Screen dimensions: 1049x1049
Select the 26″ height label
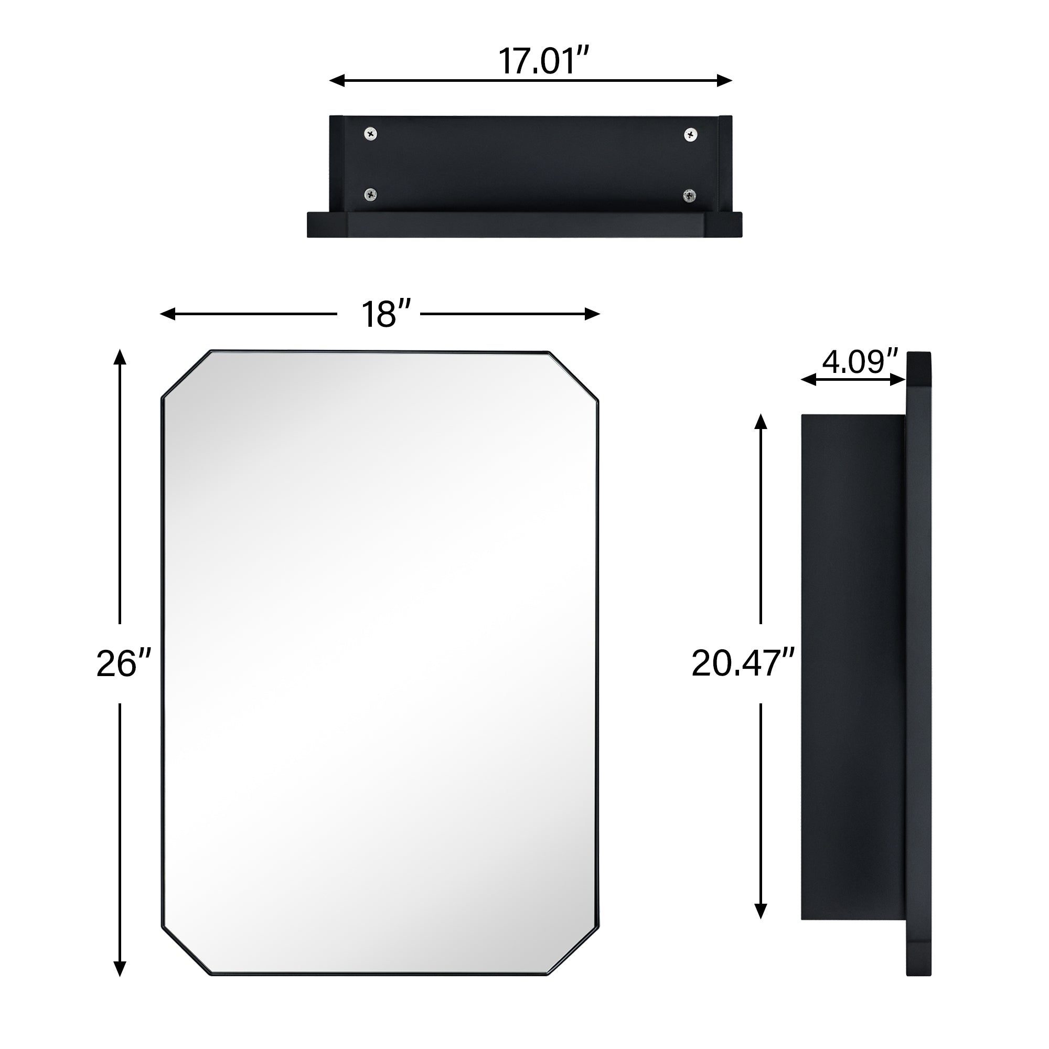123,663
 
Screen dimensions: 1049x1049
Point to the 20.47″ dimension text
743,663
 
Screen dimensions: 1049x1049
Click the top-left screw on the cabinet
371,134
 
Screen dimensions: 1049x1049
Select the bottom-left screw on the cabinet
371,194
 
